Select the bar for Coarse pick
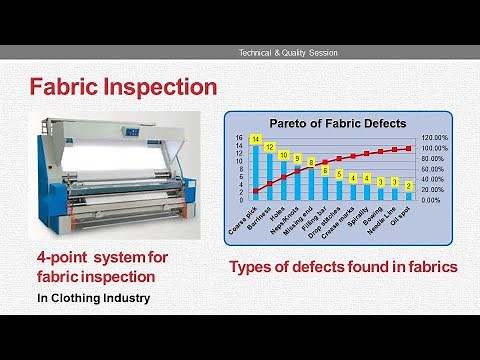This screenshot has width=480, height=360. (x=256, y=170)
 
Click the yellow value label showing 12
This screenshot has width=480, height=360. (x=269, y=147)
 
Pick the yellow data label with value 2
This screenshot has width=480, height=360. (x=408, y=186)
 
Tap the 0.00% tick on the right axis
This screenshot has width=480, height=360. (x=432, y=200)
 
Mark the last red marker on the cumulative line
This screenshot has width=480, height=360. (x=408, y=148)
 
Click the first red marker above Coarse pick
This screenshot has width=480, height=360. (x=256, y=191)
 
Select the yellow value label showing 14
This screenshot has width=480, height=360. (x=256, y=139)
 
